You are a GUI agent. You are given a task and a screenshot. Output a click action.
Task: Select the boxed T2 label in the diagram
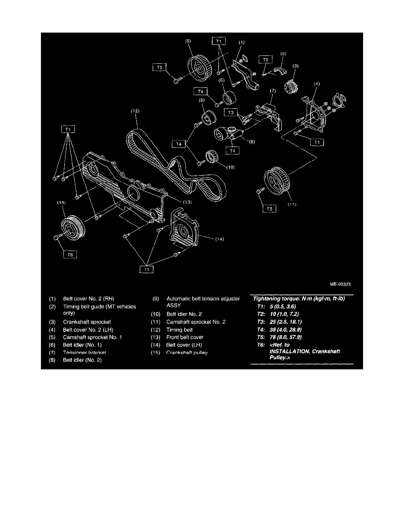(265, 59)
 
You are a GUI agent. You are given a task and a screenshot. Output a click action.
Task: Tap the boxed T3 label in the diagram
(231, 113)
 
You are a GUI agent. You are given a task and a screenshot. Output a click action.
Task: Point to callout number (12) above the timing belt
(135, 111)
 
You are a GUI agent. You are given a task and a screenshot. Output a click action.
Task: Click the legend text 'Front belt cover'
(185, 337)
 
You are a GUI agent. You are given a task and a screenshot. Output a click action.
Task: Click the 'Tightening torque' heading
(301, 298)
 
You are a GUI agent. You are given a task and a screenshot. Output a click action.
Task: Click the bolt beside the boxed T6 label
(57, 238)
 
